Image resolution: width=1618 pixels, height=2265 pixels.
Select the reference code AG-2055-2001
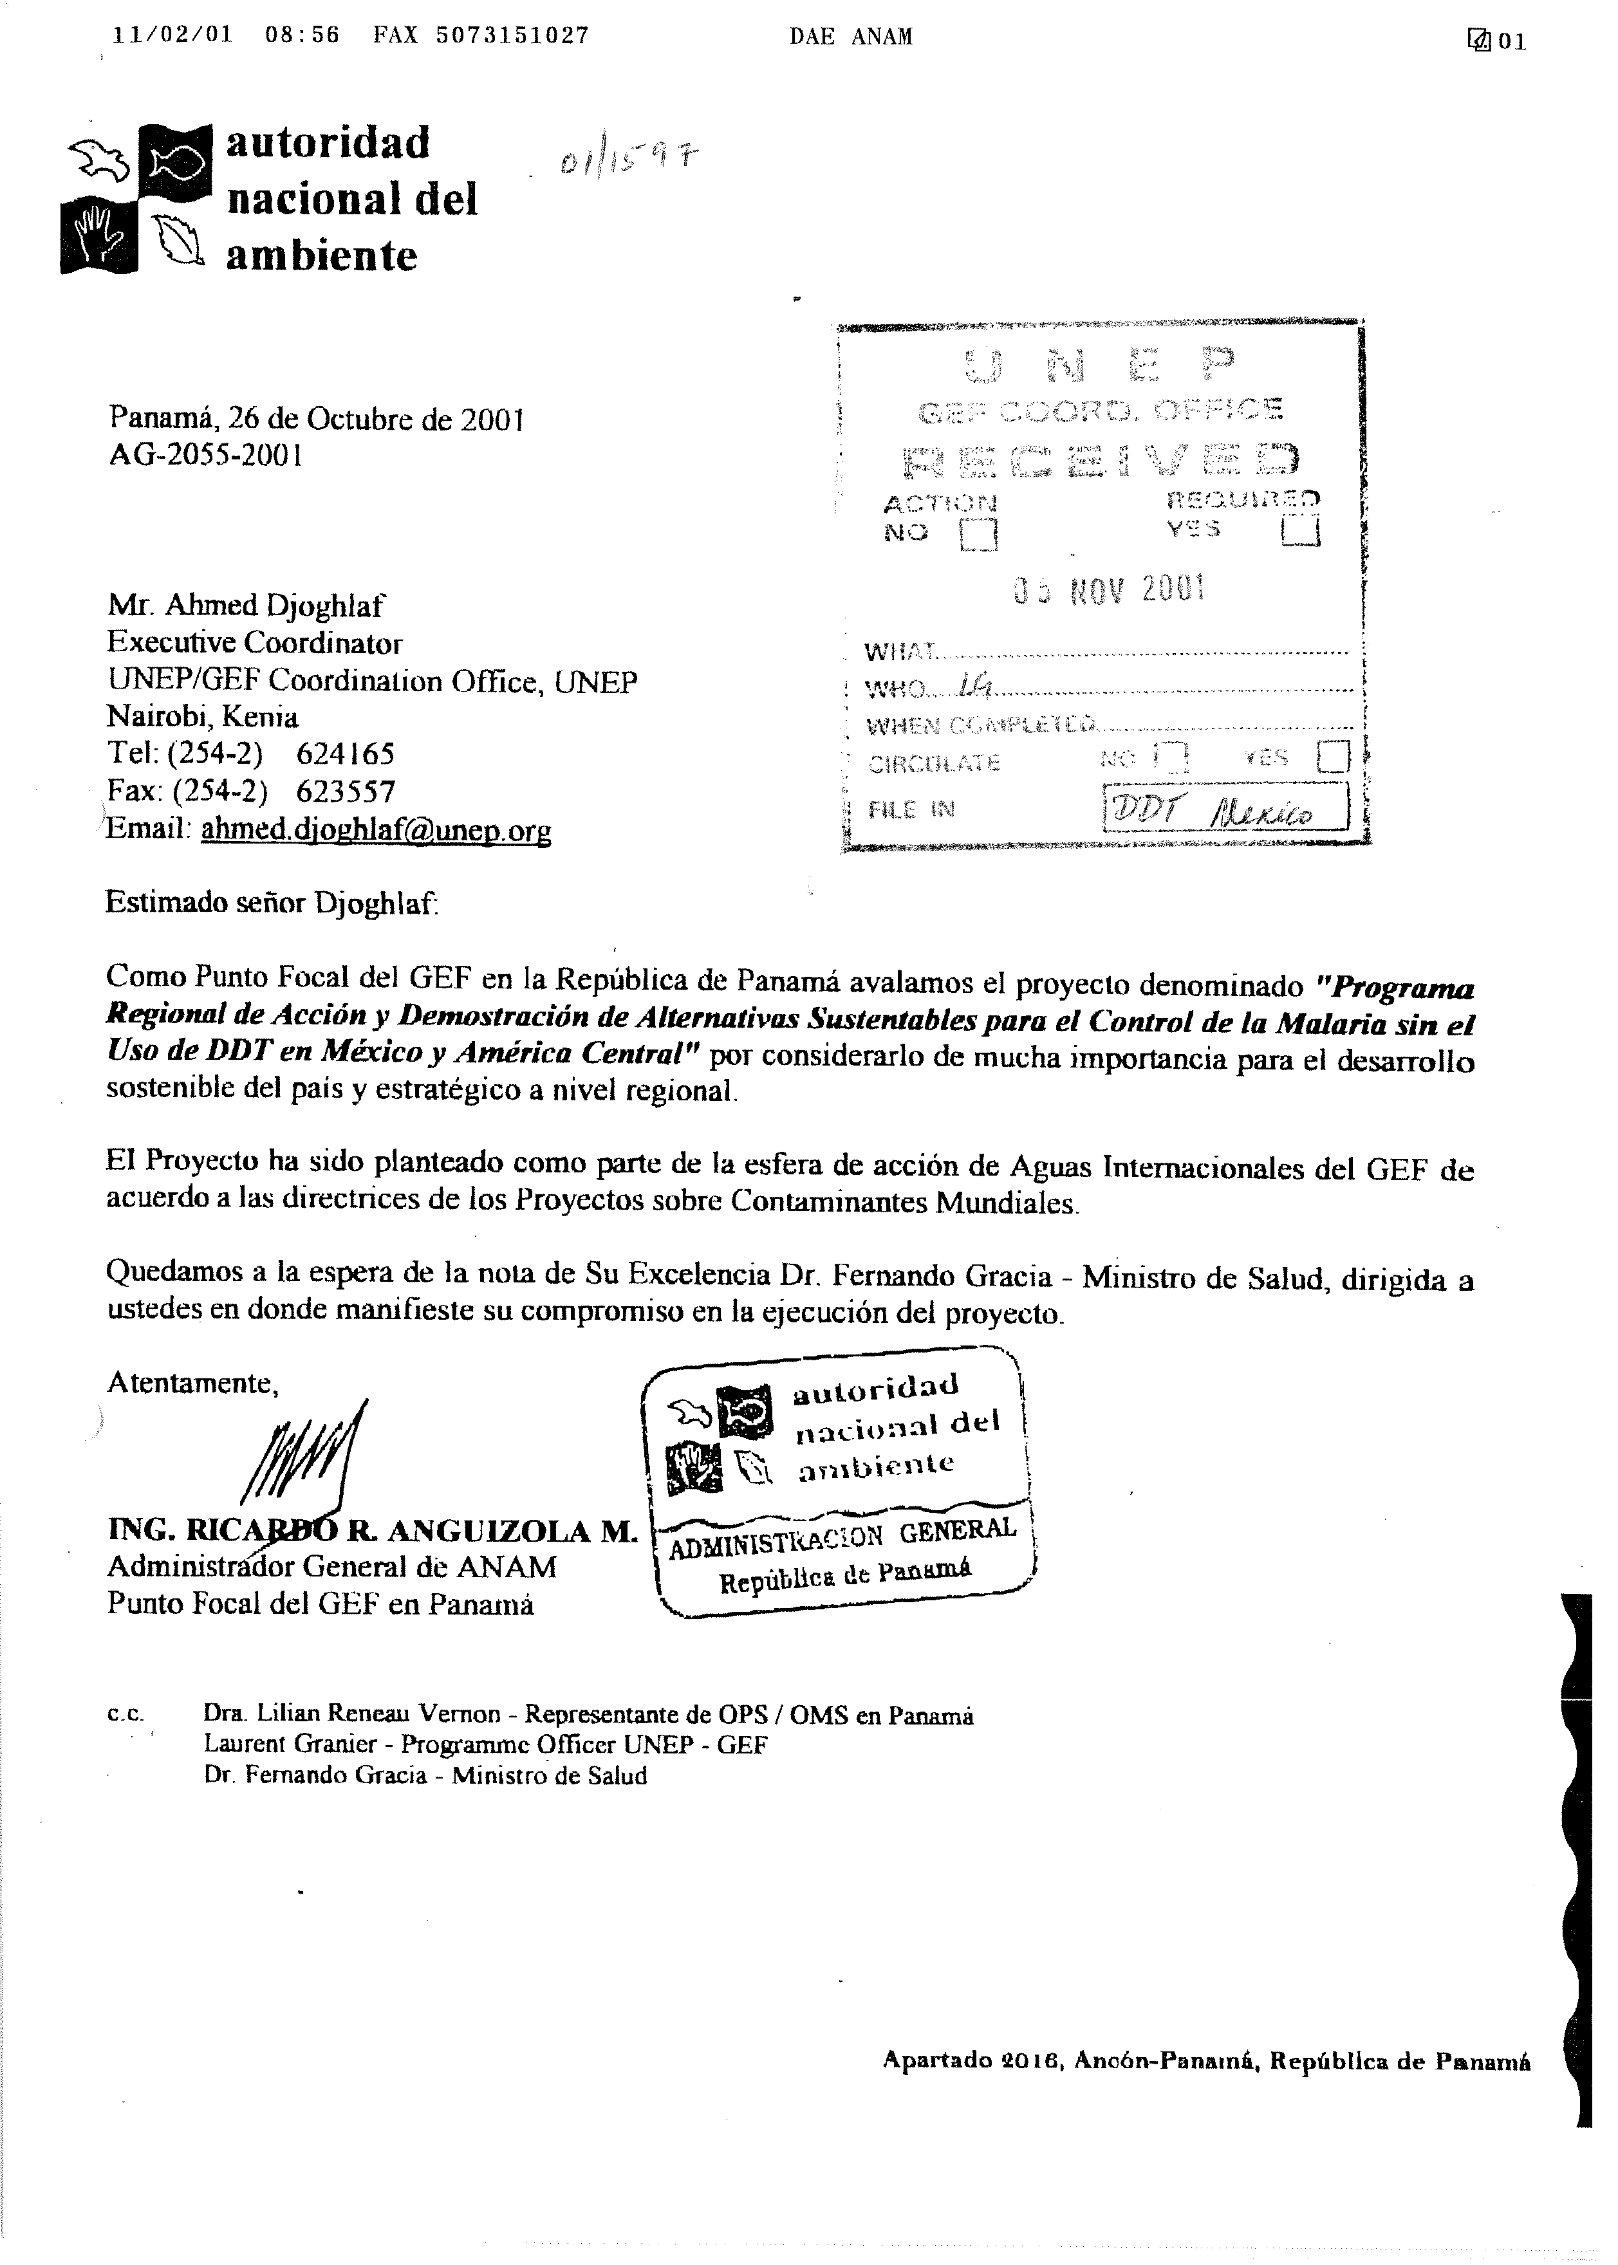click(x=205, y=454)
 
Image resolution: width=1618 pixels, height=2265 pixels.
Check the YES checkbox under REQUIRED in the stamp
click(x=1300, y=531)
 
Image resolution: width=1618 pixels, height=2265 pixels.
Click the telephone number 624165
click(x=345, y=752)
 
